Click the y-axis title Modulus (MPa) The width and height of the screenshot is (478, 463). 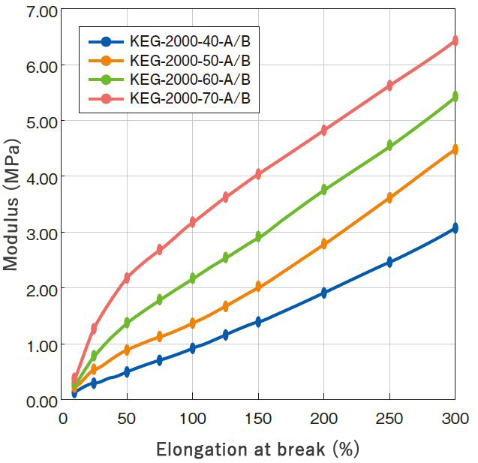point(11,204)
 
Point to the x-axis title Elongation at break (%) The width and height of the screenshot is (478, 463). point(257,449)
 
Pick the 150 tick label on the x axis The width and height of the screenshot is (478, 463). point(258,418)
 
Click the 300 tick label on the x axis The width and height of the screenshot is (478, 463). point(454,418)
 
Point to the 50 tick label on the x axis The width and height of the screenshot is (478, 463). point(127,418)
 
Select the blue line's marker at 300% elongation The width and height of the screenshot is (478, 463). point(455,229)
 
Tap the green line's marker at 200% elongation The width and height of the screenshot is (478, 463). point(324,190)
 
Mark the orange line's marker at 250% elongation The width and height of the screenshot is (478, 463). point(389,198)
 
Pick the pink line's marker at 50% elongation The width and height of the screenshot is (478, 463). point(127,278)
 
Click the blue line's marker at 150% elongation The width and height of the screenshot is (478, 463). point(258,322)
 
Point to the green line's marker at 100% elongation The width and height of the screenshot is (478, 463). point(192,278)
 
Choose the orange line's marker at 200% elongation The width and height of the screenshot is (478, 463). point(324,244)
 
